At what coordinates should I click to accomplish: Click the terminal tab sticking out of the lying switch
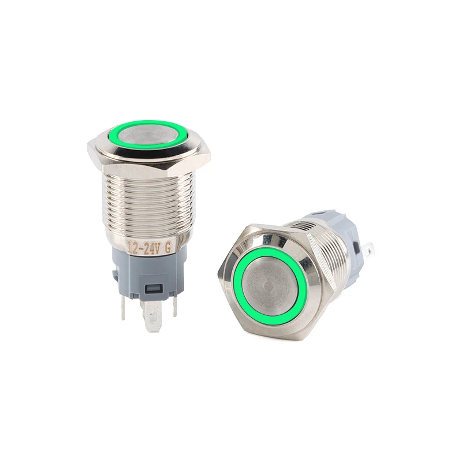tap(368, 250)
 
